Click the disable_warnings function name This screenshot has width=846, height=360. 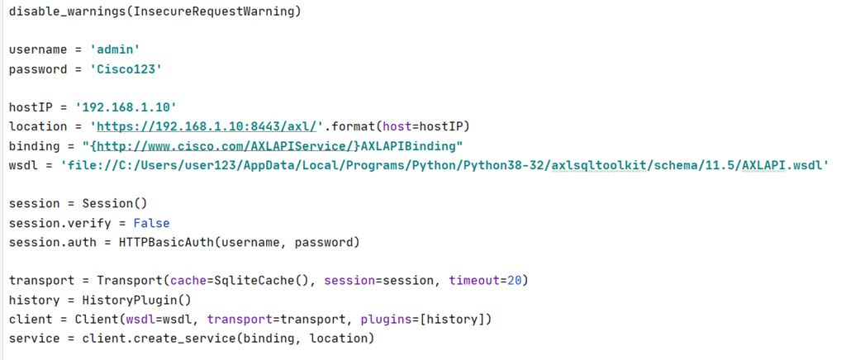click(x=64, y=12)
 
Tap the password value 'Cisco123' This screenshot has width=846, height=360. click(x=125, y=69)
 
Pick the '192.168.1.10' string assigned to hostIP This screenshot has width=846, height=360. click(x=126, y=107)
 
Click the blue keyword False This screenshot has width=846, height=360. click(x=151, y=222)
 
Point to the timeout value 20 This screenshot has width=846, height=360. click(x=513, y=280)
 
